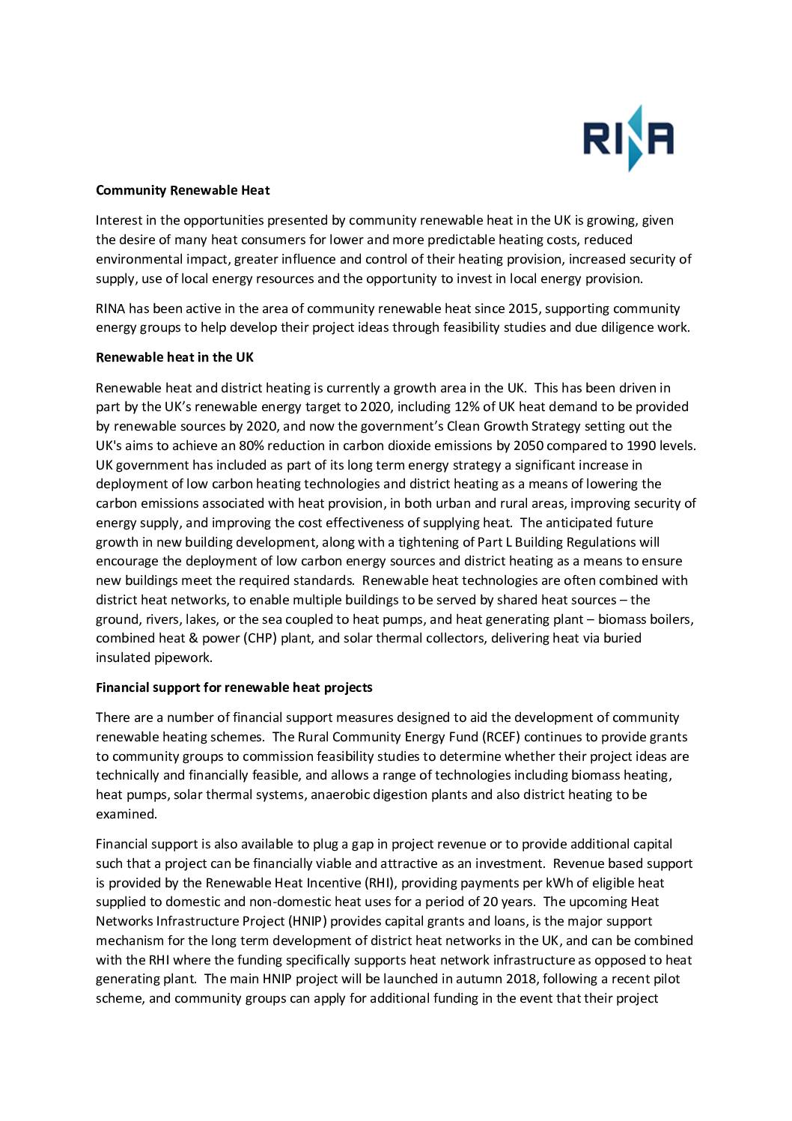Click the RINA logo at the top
point(628,139)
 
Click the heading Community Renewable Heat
point(183,190)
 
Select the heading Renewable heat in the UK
point(174,357)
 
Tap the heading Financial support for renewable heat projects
point(234,687)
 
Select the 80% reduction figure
point(281,446)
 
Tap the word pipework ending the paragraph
point(183,657)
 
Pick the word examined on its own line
point(126,814)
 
